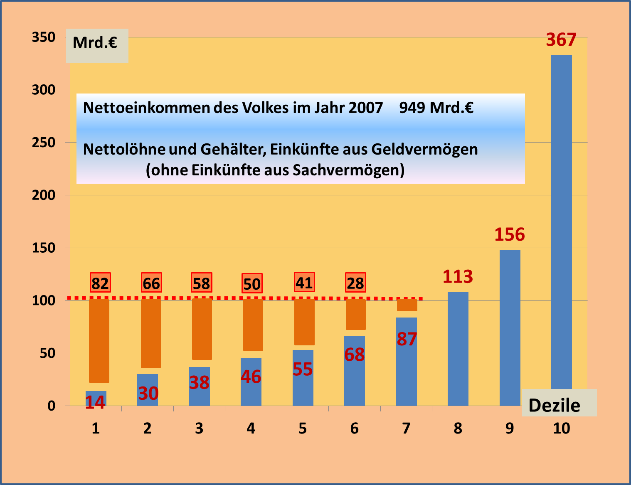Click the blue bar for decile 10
(561, 220)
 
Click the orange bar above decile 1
(99, 341)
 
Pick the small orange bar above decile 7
(407, 305)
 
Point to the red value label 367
(561, 40)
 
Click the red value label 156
(510, 235)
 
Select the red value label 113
(458, 277)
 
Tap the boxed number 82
(100, 283)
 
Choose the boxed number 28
(355, 283)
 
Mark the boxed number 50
(252, 284)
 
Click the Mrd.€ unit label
(95, 43)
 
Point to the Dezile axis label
(554, 405)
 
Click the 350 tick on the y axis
(44, 37)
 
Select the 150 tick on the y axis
(44, 248)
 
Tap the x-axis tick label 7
(406, 428)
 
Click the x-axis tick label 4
(251, 428)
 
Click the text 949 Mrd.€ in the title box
(436, 108)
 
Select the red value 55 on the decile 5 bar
(303, 369)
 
